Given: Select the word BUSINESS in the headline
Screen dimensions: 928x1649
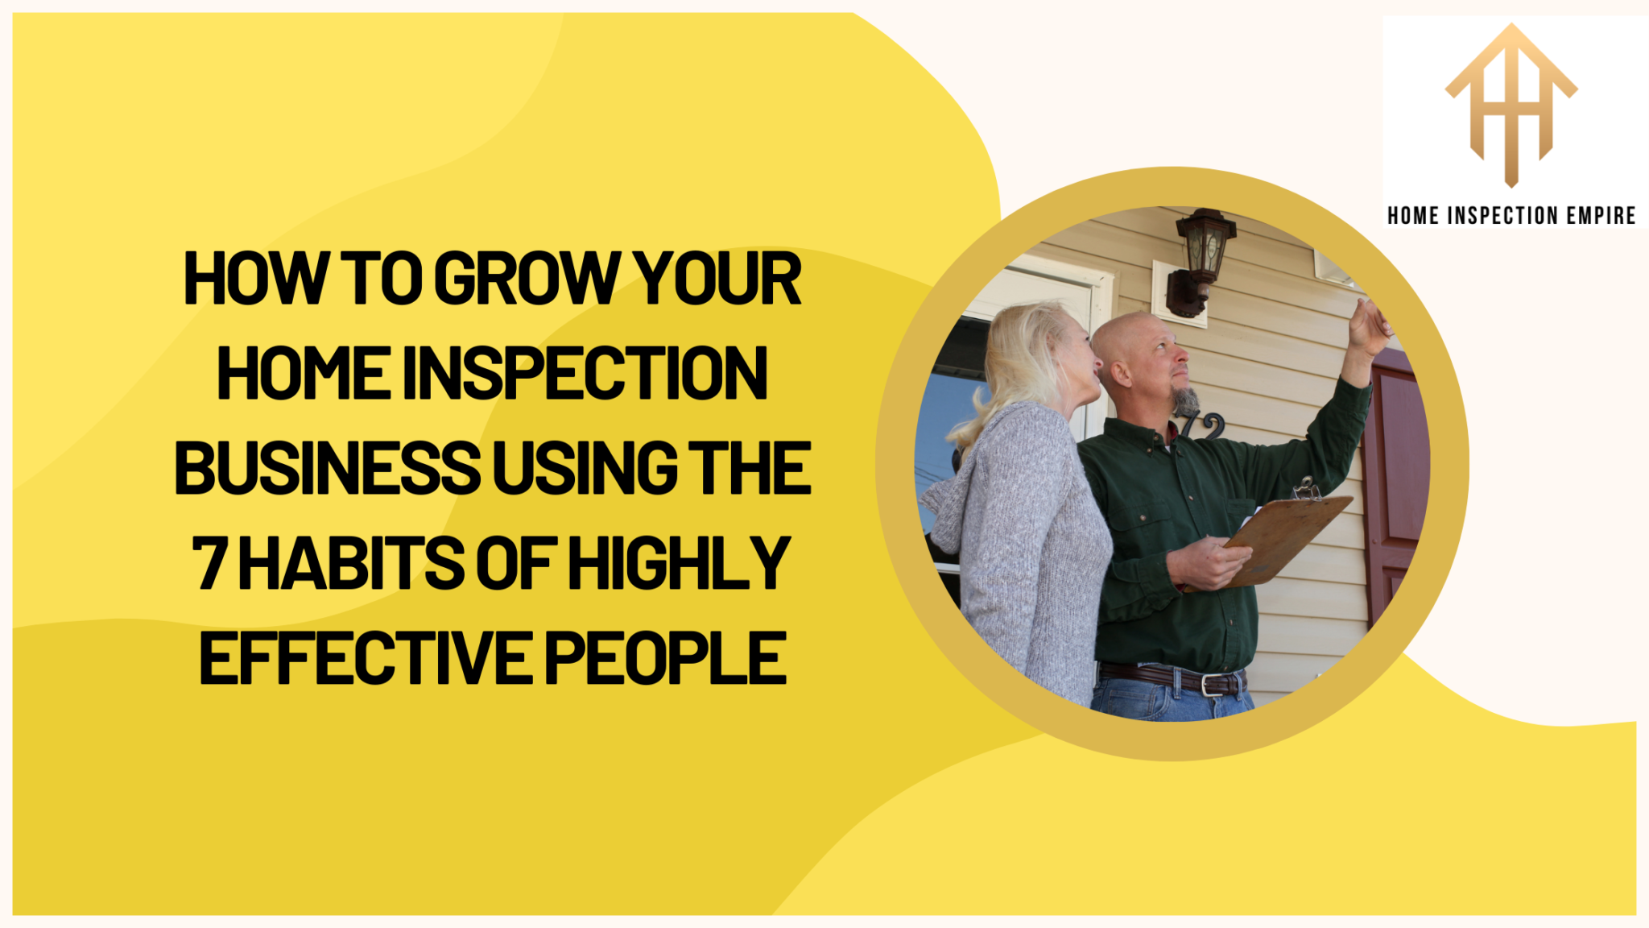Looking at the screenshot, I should [x=327, y=468].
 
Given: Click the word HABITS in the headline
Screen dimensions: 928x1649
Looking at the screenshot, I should [x=351, y=563].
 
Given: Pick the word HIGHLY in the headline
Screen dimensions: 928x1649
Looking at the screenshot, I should [x=679, y=563].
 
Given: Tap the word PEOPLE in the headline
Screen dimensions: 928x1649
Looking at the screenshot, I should [x=666, y=658].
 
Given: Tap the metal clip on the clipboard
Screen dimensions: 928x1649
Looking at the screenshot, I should [x=1306, y=489].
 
